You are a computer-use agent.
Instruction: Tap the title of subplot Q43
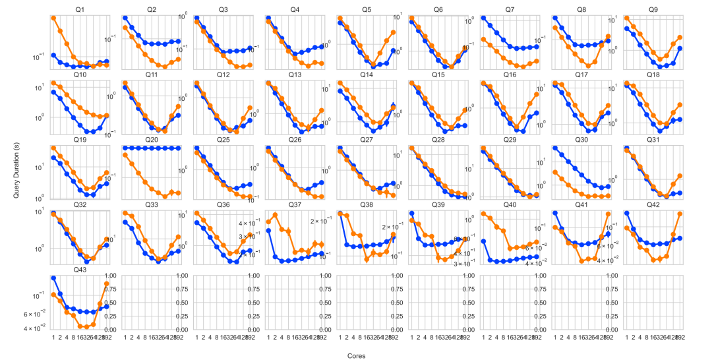click(x=80, y=270)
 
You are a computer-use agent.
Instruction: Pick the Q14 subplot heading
click(x=366, y=75)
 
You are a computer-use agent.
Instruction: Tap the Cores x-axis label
click(x=356, y=355)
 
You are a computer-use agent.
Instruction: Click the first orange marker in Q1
click(x=53, y=18)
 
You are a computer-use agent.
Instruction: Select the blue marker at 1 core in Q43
click(x=53, y=278)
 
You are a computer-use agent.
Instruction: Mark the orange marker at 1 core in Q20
click(x=125, y=156)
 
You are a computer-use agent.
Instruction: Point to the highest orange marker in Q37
click(x=276, y=216)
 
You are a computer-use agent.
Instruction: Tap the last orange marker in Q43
click(x=107, y=284)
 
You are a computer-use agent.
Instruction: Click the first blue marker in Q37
click(x=268, y=231)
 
